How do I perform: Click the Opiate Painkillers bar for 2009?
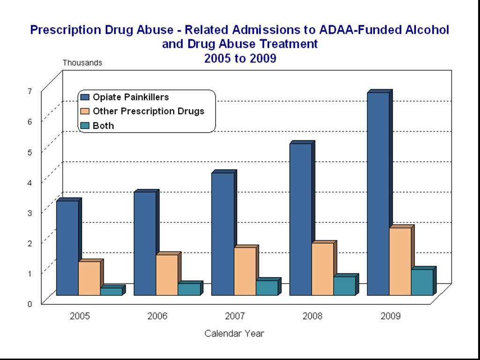378,194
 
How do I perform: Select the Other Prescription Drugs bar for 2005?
89,278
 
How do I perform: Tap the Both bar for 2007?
267,288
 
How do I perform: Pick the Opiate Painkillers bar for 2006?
145,244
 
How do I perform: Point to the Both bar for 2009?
422,282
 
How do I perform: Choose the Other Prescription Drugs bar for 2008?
322,269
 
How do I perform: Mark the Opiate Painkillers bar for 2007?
223,234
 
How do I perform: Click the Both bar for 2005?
111,292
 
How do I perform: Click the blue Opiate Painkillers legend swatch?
85,97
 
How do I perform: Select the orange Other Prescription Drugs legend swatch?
85,112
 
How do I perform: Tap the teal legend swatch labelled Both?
85,126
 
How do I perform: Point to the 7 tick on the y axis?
30,91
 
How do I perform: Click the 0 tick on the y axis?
30,303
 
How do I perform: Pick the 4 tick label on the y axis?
30,182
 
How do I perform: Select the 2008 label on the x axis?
313,316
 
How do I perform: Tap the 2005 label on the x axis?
80,316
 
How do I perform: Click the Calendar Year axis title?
234,334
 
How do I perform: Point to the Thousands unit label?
82,62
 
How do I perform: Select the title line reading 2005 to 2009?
240,59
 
